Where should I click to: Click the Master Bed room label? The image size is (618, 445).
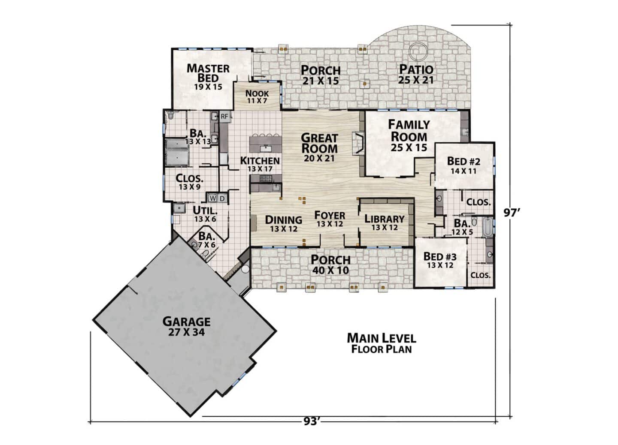(x=208, y=77)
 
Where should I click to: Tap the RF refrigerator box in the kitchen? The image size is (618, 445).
(x=224, y=117)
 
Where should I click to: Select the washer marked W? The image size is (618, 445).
(x=213, y=198)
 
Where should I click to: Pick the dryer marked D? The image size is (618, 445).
(x=222, y=198)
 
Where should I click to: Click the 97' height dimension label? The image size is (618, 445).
(x=512, y=213)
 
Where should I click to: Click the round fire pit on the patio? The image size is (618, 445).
(x=418, y=51)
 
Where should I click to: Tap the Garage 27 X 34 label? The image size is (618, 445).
(x=187, y=327)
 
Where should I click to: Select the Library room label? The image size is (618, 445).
(x=385, y=222)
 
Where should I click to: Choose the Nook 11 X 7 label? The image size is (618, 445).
(x=257, y=96)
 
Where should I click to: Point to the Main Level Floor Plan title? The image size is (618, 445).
(x=382, y=343)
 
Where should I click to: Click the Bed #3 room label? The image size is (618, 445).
(x=440, y=260)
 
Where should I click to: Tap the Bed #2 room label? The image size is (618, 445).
(x=463, y=165)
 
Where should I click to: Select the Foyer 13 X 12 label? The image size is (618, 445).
(x=330, y=219)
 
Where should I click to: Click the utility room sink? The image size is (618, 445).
(x=179, y=208)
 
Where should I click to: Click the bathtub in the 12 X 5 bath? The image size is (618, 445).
(x=488, y=227)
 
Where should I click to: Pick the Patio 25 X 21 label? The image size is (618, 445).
(x=416, y=74)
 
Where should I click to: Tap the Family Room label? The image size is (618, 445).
(x=409, y=136)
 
